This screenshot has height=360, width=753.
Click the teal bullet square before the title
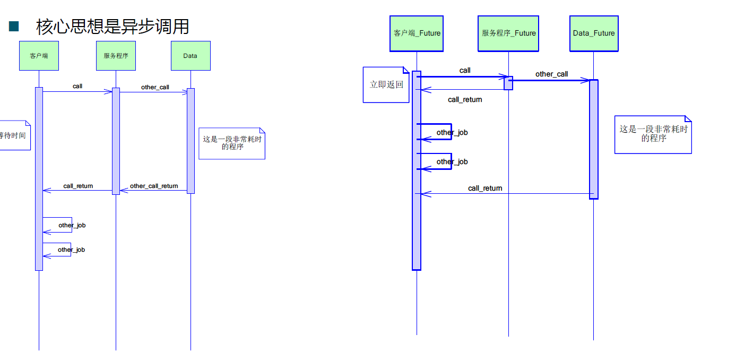[14, 27]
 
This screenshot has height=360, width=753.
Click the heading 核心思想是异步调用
[112, 26]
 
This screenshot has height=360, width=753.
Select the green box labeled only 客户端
[39, 56]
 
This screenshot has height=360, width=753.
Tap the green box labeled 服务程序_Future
[508, 33]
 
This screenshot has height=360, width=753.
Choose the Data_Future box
[594, 33]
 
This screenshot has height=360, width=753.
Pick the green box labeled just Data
[190, 56]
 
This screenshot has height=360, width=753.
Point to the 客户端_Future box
[417, 33]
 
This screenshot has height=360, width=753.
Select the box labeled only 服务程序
[116, 56]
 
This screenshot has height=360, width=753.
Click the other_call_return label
[154, 186]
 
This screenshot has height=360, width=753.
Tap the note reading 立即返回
[386, 84]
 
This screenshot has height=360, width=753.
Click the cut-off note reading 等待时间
[13, 135]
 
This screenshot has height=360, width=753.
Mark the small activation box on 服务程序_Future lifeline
[508, 83]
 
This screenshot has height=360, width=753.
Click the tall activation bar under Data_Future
[594, 139]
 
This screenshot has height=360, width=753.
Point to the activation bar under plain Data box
[191, 141]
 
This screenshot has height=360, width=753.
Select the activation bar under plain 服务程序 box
[116, 141]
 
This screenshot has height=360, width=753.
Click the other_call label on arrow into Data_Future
[551, 74]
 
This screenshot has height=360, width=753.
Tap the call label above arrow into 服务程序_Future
[465, 70]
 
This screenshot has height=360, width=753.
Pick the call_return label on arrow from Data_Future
[485, 188]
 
